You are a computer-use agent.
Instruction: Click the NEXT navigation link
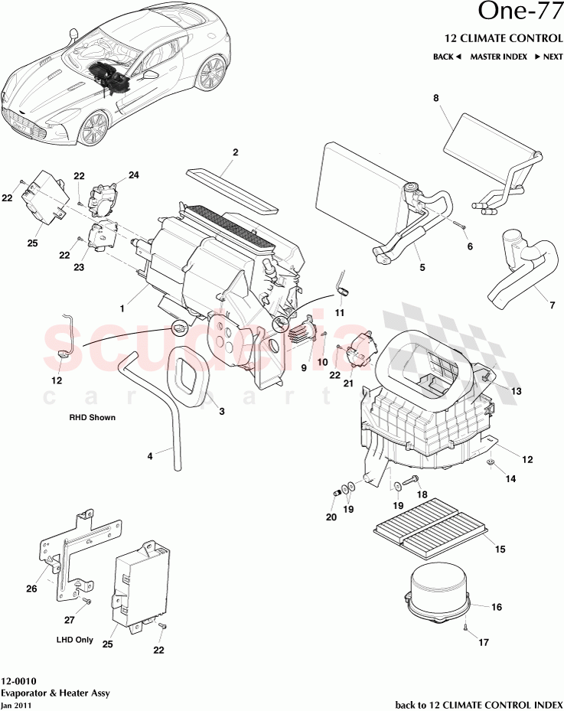tap(549, 57)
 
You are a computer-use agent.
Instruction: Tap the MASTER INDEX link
tap(497, 57)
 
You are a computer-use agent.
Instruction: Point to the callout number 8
tap(436, 98)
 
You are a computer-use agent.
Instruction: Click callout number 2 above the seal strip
tap(236, 152)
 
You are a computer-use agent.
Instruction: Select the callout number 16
tap(497, 607)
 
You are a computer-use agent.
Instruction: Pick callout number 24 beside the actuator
tap(134, 175)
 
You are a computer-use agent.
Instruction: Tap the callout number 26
tap(31, 589)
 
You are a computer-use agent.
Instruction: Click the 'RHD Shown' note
tap(91, 419)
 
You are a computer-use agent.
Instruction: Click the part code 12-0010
tap(17, 681)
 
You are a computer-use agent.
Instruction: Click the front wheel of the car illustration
tap(93, 128)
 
